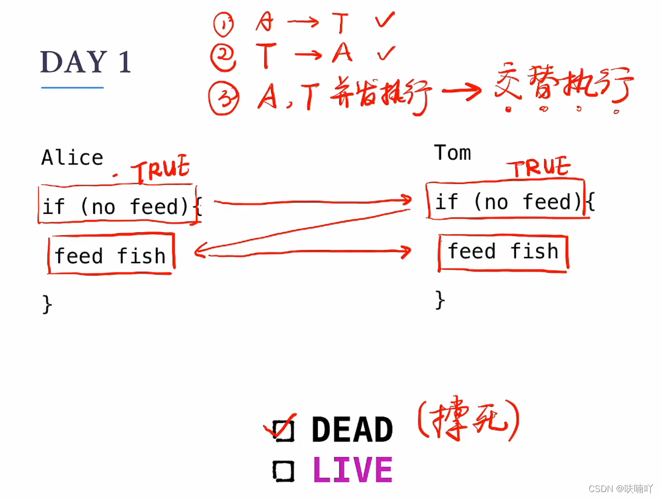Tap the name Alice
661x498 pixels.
[72, 158]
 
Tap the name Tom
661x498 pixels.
[452, 153]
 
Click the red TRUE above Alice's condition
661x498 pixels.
[161, 169]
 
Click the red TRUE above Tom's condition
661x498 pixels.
[540, 168]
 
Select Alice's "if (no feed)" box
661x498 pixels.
[117, 205]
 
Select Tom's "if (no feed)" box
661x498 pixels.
[506, 201]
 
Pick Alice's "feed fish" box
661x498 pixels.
[111, 254]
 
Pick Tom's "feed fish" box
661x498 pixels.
[503, 252]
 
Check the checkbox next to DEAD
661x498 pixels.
[284, 430]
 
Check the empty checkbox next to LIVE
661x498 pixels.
[283, 471]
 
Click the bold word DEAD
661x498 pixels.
[352, 429]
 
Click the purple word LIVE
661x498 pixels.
[352, 470]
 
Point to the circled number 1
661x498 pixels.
[223, 24]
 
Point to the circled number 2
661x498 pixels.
[223, 57]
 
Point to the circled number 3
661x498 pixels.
[224, 98]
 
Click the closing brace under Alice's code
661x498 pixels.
[47, 304]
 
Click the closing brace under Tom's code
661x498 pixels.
[440, 299]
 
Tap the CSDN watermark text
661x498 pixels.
[620, 489]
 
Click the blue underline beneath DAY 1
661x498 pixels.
[72, 88]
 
